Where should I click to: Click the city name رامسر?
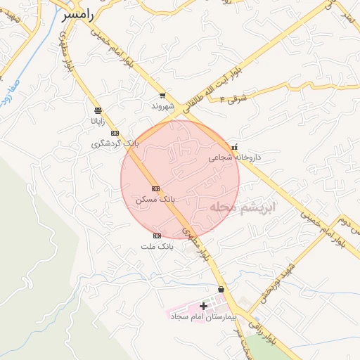[78, 13]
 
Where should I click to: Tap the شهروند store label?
[162, 106]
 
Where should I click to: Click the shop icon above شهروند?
[162, 95]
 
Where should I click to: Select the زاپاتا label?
[96, 121]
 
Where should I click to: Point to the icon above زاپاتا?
[97, 110]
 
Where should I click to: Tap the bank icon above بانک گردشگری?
[115, 133]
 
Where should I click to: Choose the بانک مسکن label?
[155, 200]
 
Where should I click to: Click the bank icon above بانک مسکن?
[155, 188]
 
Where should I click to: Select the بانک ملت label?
[156, 247]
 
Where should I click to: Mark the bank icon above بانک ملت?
[157, 236]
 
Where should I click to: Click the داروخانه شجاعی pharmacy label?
[234, 158]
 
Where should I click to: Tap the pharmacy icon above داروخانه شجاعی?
[235, 147]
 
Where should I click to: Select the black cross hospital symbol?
[204, 306]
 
